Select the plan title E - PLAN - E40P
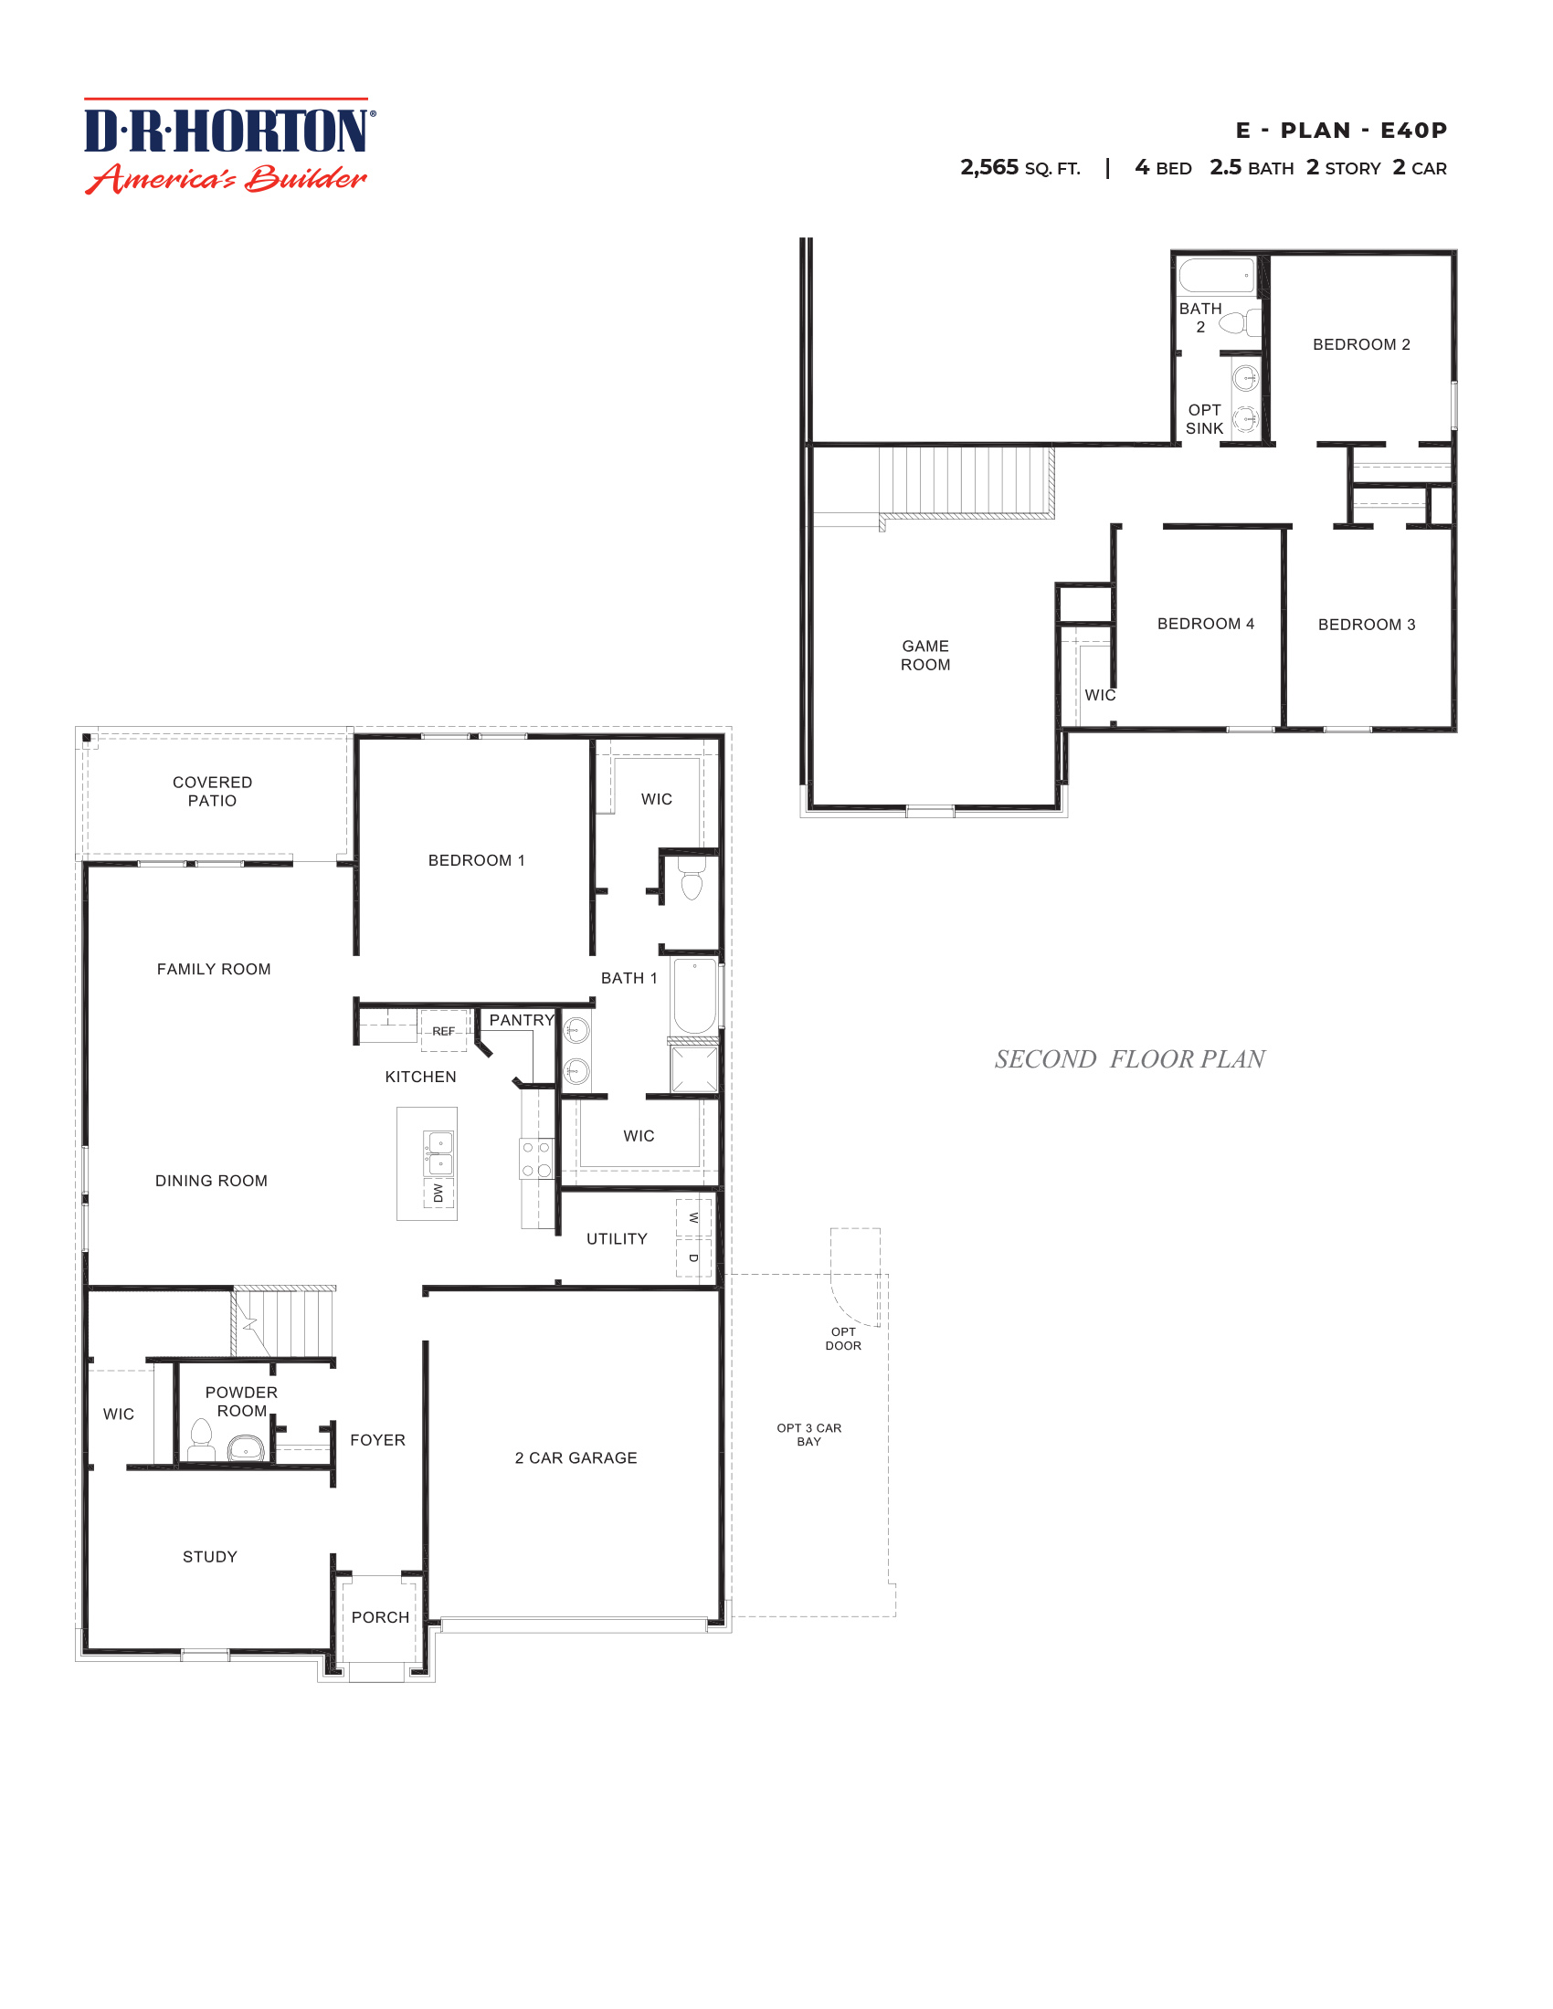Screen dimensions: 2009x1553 click(1340, 131)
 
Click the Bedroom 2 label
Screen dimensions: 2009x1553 click(1361, 344)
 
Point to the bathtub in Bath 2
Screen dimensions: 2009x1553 click(1216, 275)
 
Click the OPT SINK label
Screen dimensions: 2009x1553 click(1203, 418)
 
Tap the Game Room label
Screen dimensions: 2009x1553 click(924, 655)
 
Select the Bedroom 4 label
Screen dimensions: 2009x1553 click(1205, 624)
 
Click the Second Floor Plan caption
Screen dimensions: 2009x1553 click(1129, 1058)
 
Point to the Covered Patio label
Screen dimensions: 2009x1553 click(213, 791)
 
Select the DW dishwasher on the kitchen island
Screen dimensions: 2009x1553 click(438, 1194)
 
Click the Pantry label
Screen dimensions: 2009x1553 click(521, 1020)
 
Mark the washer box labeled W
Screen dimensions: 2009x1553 click(693, 1217)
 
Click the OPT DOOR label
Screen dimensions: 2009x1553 click(843, 1339)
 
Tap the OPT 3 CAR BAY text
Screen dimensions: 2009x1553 click(808, 1434)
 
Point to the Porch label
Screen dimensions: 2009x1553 click(380, 1617)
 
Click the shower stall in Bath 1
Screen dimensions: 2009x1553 click(693, 1069)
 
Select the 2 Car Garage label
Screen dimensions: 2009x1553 click(576, 1458)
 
